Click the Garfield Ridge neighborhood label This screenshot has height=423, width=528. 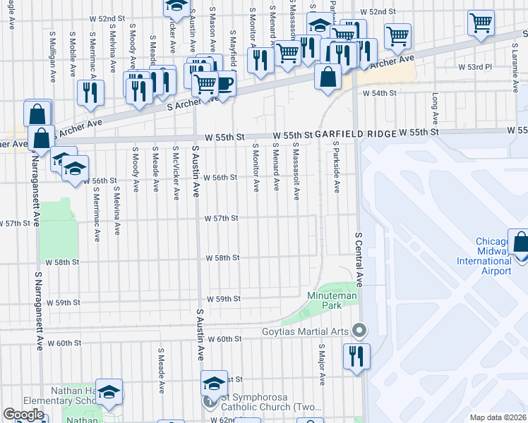click(x=355, y=133)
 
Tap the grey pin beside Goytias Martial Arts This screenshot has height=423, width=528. click(x=359, y=330)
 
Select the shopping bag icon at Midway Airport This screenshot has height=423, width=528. click(x=519, y=243)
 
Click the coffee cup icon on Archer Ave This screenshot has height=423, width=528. click(x=224, y=85)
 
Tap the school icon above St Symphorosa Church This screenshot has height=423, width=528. click(x=214, y=384)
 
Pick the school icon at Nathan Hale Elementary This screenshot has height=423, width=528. click(x=109, y=392)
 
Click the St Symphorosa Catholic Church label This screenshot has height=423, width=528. click(x=265, y=403)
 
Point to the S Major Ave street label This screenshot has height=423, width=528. click(x=321, y=364)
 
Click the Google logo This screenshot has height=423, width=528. click(x=23, y=415)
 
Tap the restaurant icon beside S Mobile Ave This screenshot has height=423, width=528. click(x=90, y=93)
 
